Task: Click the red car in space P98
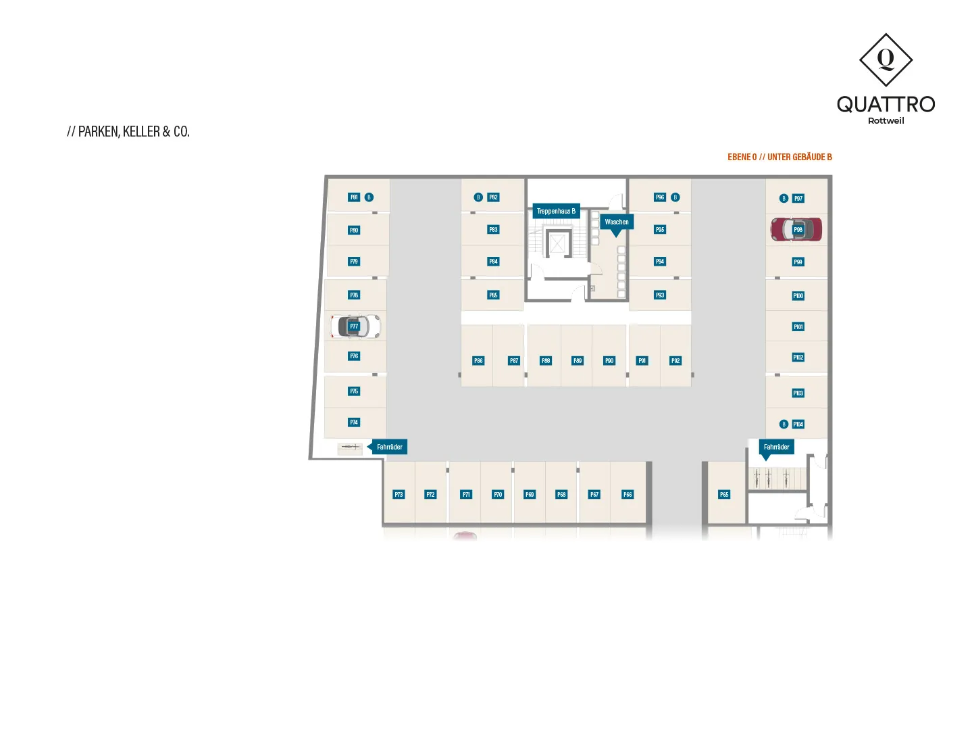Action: pyautogui.click(x=796, y=229)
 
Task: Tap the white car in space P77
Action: pyautogui.click(x=355, y=326)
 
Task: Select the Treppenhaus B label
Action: pyautogui.click(x=556, y=211)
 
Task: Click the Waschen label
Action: pyautogui.click(x=617, y=222)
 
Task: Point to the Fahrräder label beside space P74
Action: pyautogui.click(x=389, y=447)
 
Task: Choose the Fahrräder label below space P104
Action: pyautogui.click(x=776, y=447)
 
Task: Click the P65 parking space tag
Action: pyautogui.click(x=724, y=495)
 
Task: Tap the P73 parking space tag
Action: pyautogui.click(x=399, y=495)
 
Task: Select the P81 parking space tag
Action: pyautogui.click(x=354, y=197)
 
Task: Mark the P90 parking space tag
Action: pyautogui.click(x=609, y=361)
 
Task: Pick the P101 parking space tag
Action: pyautogui.click(x=798, y=327)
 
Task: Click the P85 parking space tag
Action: pyautogui.click(x=493, y=295)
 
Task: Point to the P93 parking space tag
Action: pyautogui.click(x=660, y=295)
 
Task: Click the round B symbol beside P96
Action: pyautogui.click(x=675, y=197)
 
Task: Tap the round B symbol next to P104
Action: pyautogui.click(x=784, y=424)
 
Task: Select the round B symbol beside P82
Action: pyautogui.click(x=478, y=197)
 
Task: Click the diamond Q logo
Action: pyautogui.click(x=886, y=60)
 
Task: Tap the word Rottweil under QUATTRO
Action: pyautogui.click(x=886, y=121)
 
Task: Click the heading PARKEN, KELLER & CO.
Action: pyautogui.click(x=128, y=132)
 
